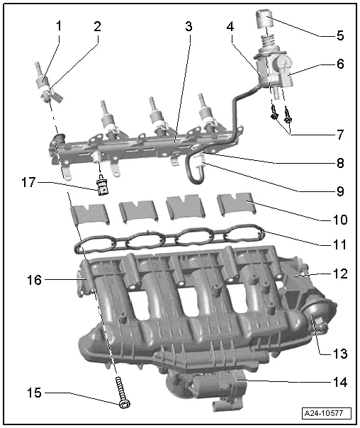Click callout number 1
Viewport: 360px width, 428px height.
tap(59, 26)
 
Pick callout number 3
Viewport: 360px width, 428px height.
tap(187, 26)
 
